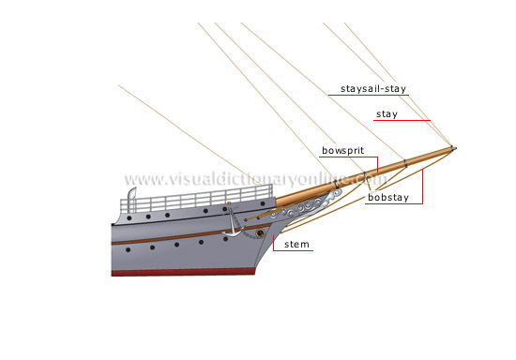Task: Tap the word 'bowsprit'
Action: [343, 150]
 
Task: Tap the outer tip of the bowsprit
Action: [453, 147]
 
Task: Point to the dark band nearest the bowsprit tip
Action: [448, 148]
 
